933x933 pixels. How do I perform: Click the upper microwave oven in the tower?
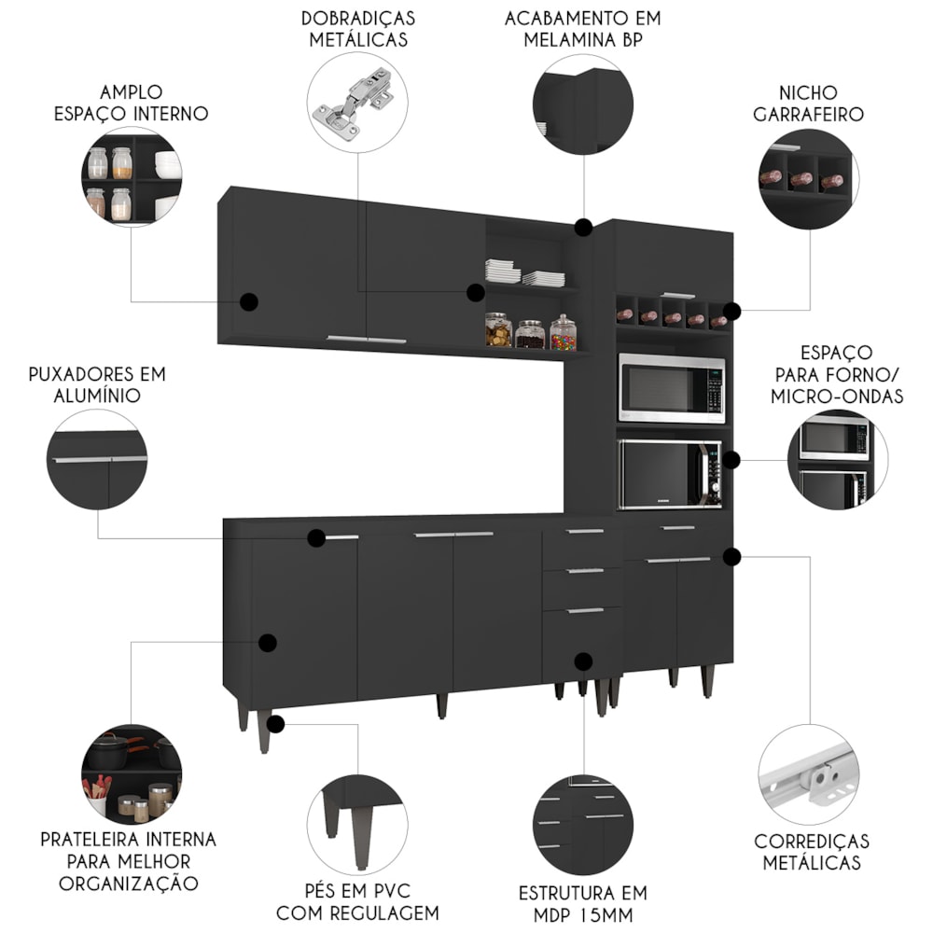tap(671, 388)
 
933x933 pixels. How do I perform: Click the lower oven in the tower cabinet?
tap(670, 474)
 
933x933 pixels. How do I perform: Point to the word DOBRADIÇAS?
tap(358, 18)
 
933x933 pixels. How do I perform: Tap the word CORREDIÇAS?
tap(811, 842)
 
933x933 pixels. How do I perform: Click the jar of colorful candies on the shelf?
tap(563, 332)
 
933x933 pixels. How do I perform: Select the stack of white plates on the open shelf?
tap(502, 271)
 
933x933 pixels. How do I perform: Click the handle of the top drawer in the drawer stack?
tap(585, 532)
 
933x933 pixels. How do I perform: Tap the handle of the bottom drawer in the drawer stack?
tap(585, 610)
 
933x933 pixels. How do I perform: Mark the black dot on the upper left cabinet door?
tap(249, 301)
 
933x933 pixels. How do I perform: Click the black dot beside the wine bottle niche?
tap(732, 311)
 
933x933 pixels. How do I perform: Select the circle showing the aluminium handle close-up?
tap(97, 460)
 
